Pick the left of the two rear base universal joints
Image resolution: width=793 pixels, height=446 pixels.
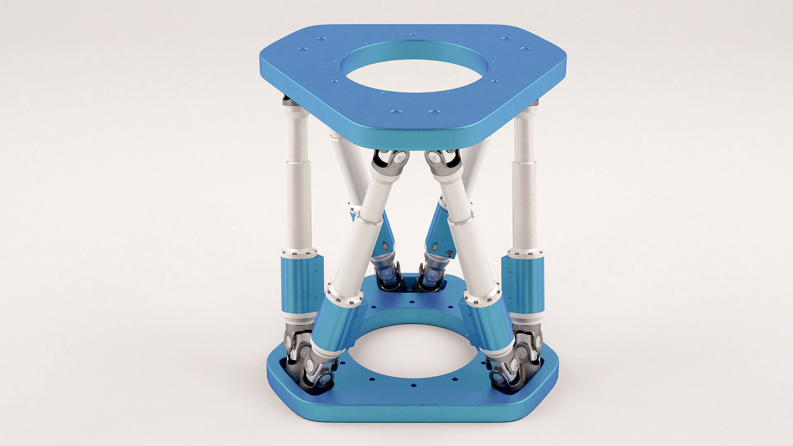(x=388, y=275)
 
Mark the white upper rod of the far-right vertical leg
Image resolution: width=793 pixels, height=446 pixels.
(x=525, y=165)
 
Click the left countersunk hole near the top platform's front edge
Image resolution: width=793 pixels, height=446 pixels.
(x=396, y=112)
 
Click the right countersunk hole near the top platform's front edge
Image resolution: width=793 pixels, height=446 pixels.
(x=434, y=112)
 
